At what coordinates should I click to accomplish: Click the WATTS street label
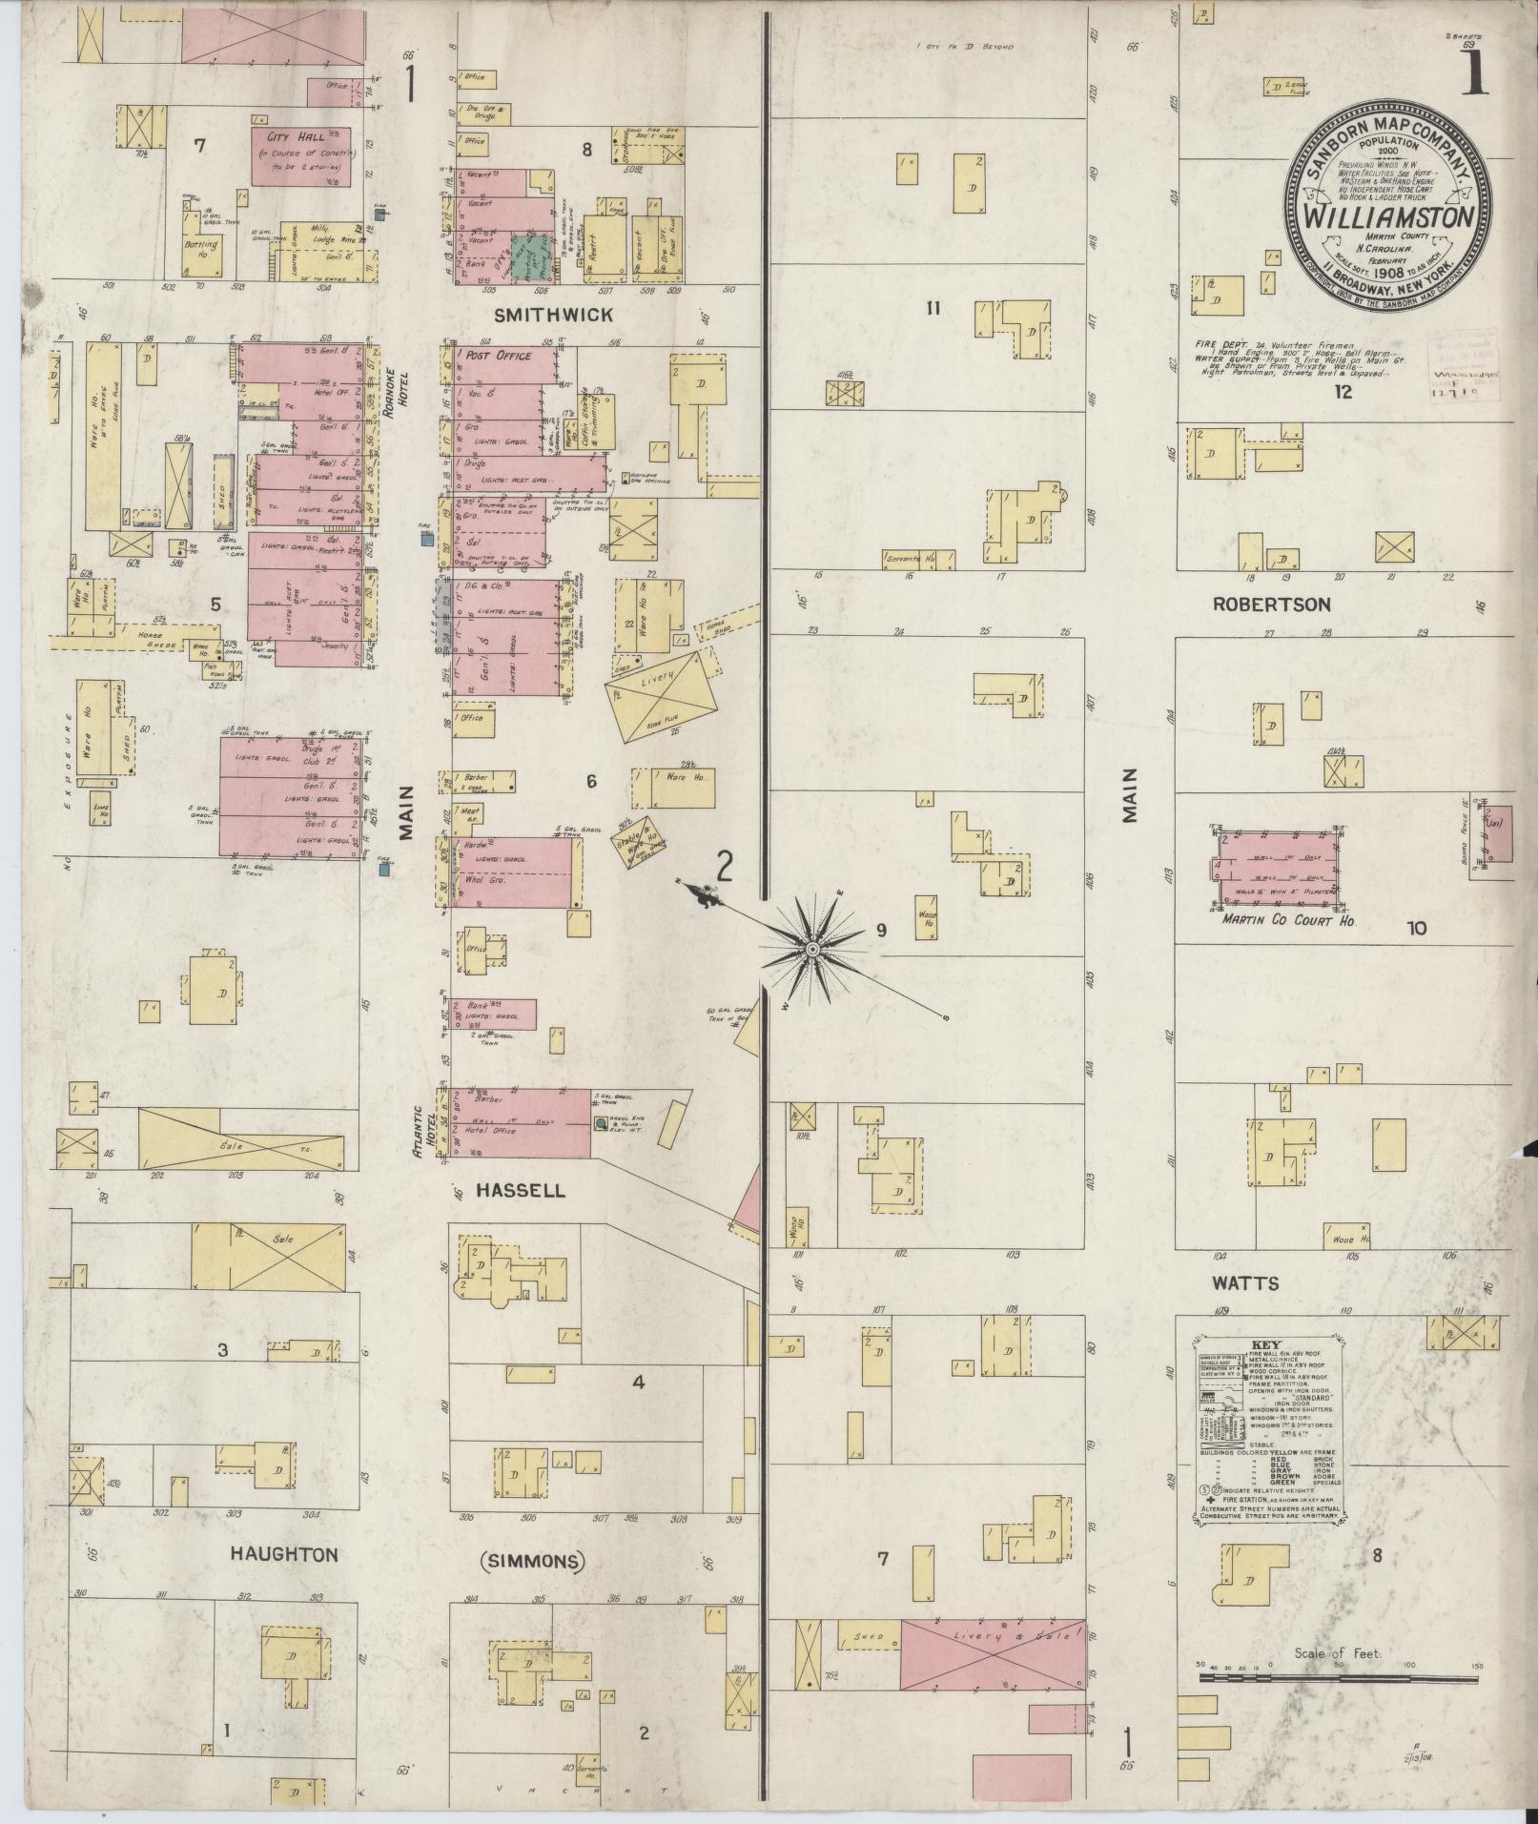(x=1244, y=1283)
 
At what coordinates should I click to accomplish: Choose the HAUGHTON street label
(x=284, y=1554)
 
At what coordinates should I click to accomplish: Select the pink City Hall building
(x=300, y=155)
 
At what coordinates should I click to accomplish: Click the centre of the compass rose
(x=811, y=950)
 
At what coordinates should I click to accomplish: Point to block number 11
(x=933, y=308)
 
